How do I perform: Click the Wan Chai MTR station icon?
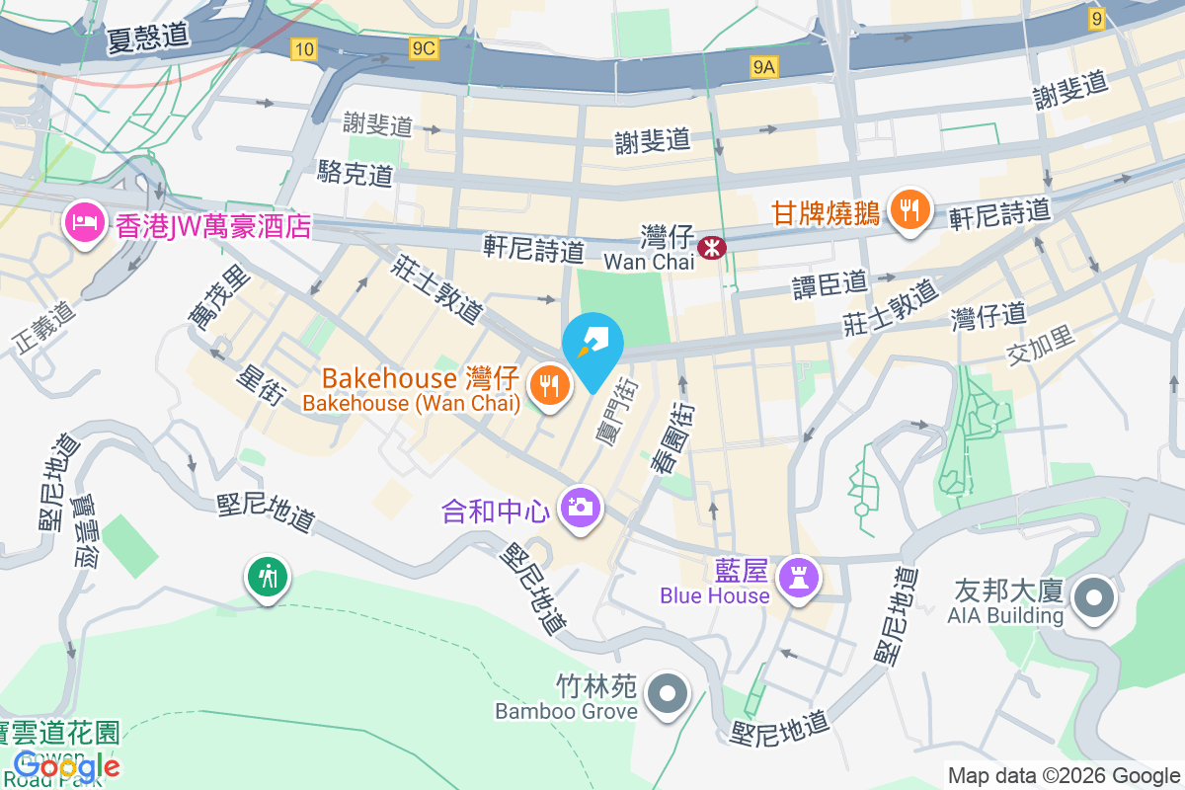point(710,247)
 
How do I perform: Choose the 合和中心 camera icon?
point(580,508)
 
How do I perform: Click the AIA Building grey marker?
point(1093,597)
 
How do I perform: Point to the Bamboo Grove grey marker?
point(669,693)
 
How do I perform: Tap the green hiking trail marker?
point(268,575)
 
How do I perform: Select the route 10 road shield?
point(304,49)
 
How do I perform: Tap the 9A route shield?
point(764,66)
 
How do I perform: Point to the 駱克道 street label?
point(355,175)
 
